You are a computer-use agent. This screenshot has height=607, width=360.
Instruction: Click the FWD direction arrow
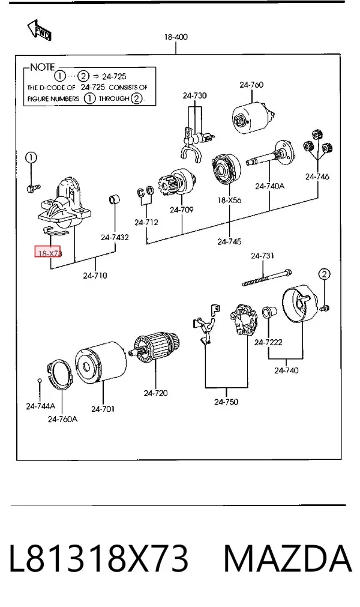tap(40, 31)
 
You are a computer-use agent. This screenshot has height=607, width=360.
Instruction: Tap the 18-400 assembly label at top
tap(176, 37)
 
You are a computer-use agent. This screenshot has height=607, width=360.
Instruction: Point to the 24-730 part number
tap(195, 95)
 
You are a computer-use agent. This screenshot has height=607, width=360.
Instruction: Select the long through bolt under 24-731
tap(267, 277)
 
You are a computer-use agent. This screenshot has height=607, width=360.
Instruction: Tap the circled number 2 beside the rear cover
tap(324, 274)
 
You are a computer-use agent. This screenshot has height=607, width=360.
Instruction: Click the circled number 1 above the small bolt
tap(31, 157)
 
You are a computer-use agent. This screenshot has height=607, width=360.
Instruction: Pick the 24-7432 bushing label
tap(115, 237)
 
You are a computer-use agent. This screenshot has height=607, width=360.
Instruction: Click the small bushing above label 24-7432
tap(114, 200)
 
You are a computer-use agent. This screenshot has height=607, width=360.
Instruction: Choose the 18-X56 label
tap(229, 200)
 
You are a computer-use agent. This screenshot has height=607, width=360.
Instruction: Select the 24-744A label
tap(41, 406)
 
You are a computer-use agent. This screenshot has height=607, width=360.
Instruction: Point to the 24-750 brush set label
tap(226, 402)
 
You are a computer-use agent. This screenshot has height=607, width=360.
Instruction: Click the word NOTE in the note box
tap(43, 67)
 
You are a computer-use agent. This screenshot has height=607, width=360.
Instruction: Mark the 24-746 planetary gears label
tap(317, 177)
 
